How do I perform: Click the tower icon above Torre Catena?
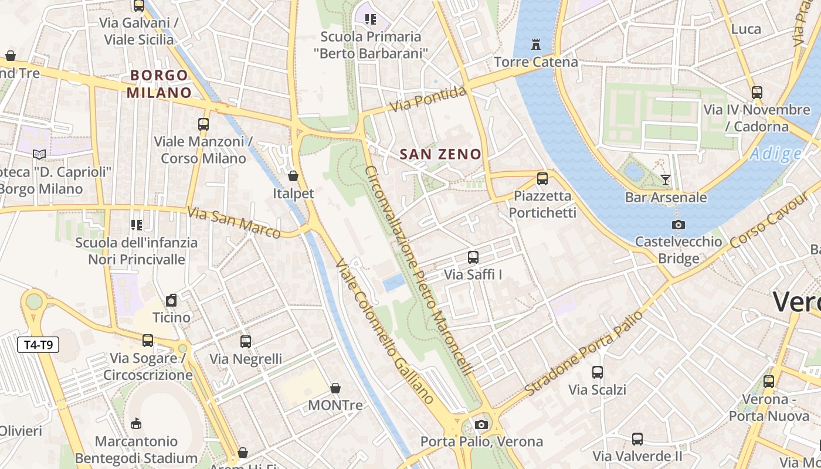(535, 44)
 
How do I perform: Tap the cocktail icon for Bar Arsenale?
(666, 179)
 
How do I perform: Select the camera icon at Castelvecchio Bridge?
(678, 225)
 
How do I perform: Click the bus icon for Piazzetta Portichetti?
(542, 178)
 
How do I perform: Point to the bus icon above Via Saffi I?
(473, 257)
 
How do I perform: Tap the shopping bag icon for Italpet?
(293, 176)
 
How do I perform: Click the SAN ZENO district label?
(440, 154)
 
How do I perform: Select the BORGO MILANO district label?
(159, 84)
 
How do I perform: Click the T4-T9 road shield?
(38, 345)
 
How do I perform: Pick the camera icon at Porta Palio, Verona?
(481, 424)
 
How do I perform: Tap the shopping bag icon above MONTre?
(335, 388)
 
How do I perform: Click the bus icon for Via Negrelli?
(246, 341)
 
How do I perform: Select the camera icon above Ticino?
(171, 300)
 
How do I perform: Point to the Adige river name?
(775, 154)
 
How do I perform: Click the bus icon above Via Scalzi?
(598, 372)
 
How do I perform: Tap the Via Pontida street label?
(429, 98)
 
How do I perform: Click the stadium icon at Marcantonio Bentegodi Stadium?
(136, 423)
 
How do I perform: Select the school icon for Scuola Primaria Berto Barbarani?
(370, 19)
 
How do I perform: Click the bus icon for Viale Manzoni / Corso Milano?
(203, 124)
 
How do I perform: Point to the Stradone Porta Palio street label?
(585, 353)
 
